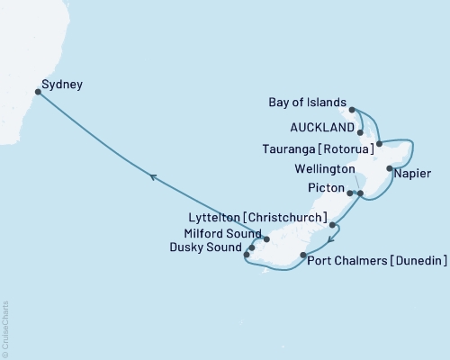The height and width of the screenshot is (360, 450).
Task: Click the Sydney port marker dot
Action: [37, 91]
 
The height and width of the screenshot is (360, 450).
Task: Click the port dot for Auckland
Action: [361, 132]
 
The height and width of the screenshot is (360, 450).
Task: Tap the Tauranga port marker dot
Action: [380, 144]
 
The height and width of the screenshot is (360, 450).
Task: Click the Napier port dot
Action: [389, 168]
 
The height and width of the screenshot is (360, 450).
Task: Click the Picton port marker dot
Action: [349, 193]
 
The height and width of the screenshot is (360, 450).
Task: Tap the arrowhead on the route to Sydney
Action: [153, 178]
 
